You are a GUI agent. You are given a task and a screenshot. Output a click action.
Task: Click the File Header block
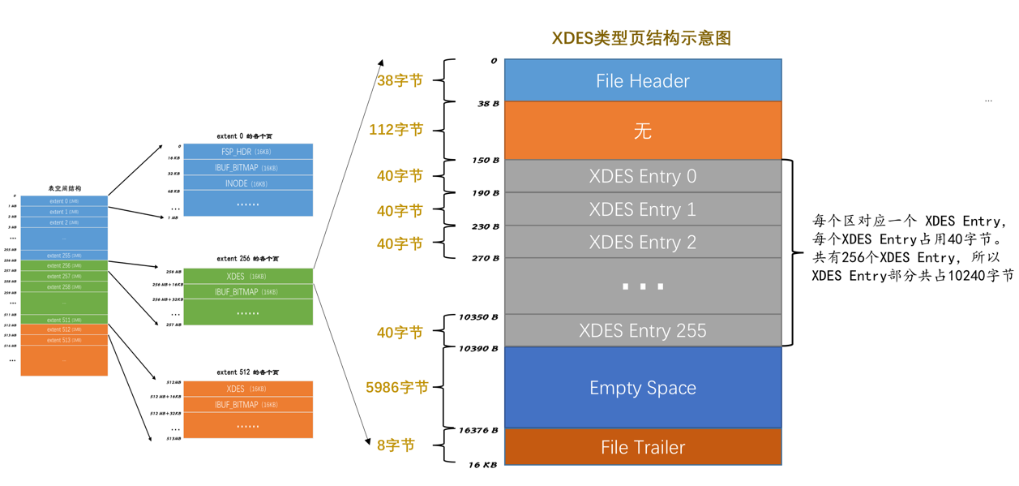(642, 80)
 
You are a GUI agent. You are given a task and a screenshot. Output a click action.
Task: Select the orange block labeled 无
(642, 131)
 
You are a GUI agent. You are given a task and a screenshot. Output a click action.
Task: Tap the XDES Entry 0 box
(642, 176)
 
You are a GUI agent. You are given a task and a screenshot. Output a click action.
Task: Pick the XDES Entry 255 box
(642, 330)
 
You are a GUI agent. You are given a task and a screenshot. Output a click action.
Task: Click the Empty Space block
(642, 388)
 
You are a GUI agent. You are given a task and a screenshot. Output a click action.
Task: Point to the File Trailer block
(642, 447)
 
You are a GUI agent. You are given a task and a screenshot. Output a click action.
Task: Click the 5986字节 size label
(396, 388)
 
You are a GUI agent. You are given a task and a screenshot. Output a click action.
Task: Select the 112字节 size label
(396, 130)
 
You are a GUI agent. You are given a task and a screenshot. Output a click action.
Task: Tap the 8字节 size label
(396, 445)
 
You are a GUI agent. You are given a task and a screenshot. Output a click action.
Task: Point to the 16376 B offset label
(478, 430)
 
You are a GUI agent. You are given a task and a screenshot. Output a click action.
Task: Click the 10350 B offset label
(478, 317)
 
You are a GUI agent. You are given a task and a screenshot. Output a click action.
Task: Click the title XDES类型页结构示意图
(641, 38)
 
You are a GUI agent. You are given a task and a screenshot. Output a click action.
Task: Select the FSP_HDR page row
(248, 152)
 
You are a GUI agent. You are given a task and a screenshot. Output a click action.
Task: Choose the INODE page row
(248, 183)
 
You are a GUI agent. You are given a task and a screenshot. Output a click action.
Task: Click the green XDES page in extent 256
(248, 276)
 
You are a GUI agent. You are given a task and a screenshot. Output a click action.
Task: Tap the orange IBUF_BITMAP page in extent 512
(248, 404)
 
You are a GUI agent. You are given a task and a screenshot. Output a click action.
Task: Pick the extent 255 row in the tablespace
(64, 256)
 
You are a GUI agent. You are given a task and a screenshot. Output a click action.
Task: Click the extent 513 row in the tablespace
(64, 340)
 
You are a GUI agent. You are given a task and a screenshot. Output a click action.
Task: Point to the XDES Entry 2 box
(642, 242)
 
